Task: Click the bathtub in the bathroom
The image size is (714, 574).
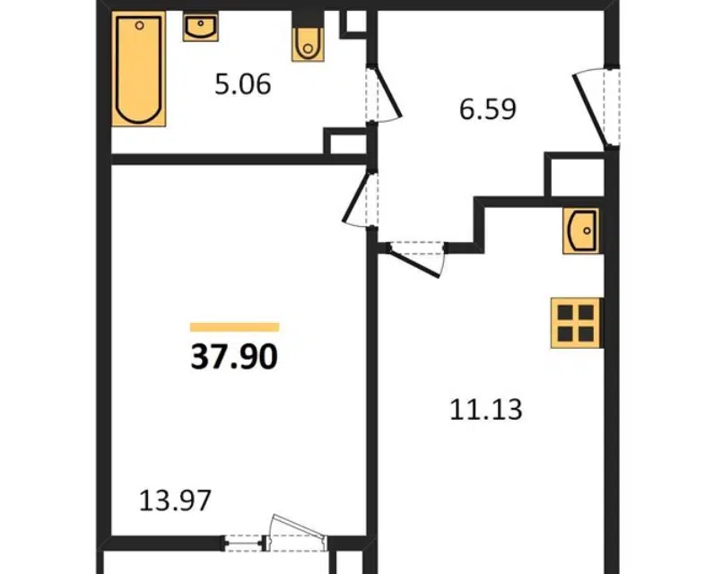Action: (139, 69)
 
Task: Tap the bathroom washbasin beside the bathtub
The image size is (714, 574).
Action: (200, 26)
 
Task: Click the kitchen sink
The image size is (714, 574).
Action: (580, 230)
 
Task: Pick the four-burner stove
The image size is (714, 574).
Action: (576, 323)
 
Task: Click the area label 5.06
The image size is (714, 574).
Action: (243, 84)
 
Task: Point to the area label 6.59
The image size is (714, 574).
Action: (487, 109)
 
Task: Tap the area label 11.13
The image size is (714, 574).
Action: (486, 409)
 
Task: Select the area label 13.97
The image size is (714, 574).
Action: (175, 500)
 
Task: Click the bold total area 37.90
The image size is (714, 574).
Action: (234, 357)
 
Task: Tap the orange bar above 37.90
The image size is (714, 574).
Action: (234, 327)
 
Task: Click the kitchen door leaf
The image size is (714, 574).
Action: (415, 263)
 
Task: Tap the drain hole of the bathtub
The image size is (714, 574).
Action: (140, 25)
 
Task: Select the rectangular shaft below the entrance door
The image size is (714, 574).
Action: (575, 175)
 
